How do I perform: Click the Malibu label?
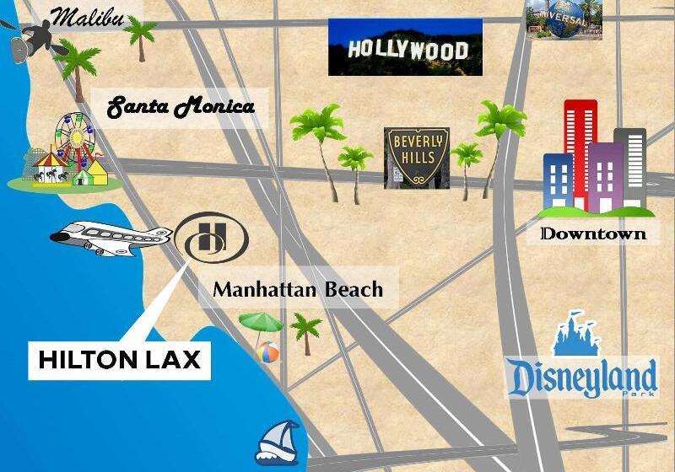pos(88,17)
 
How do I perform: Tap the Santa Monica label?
pos(181,108)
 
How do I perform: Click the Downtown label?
pos(593,233)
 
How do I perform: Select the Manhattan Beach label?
pos(297,290)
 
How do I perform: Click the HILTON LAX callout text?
pos(119,360)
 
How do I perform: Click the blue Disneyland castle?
pos(576,332)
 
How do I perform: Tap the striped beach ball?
pos(268,351)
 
